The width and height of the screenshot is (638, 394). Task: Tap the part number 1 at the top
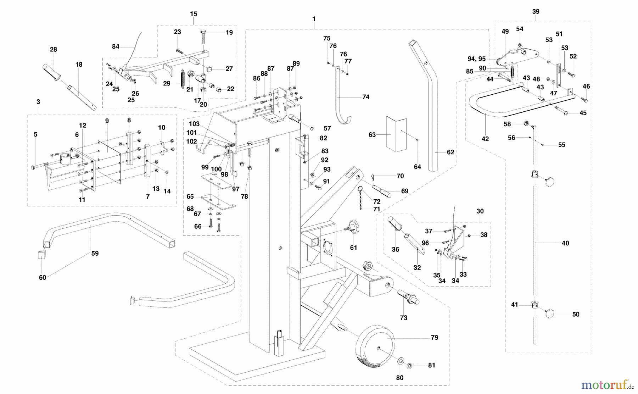[314, 18]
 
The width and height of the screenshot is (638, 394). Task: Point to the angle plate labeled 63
[394, 134]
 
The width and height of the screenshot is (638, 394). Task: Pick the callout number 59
[95, 254]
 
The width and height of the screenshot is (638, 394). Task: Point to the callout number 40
[565, 243]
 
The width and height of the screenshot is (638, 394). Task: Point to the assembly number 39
[536, 12]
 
